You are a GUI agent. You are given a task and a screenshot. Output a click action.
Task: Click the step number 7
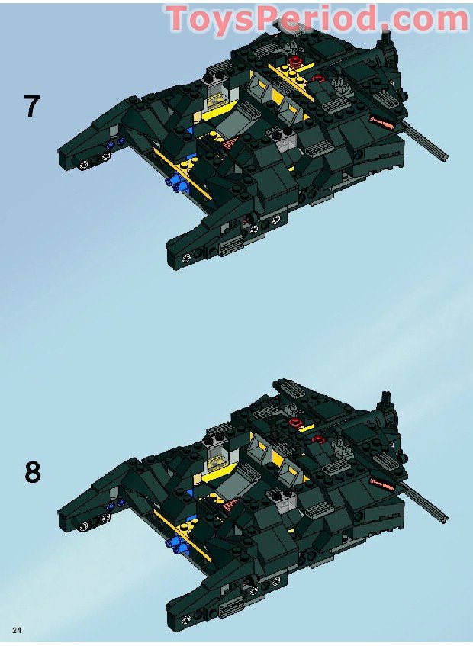click(x=32, y=106)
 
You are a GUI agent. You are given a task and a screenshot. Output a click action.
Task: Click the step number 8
click(x=33, y=472)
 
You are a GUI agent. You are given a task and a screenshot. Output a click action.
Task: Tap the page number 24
click(x=17, y=630)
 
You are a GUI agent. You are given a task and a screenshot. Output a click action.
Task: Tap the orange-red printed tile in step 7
click(x=382, y=122)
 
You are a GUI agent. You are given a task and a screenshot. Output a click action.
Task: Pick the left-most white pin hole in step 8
click(x=85, y=526)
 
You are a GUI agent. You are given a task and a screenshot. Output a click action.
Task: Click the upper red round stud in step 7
click(x=294, y=62)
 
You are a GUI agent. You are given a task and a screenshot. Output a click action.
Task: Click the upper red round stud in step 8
click(x=294, y=422)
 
